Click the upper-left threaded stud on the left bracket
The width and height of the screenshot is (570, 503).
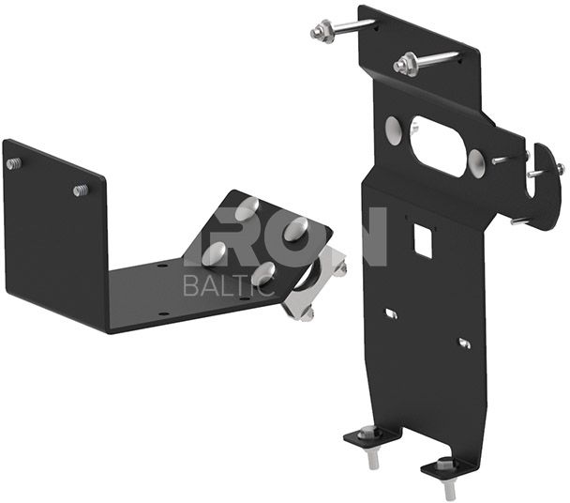tap(13, 163)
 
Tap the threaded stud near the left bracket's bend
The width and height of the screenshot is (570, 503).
tap(81, 190)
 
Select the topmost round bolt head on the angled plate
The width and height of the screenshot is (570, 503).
tap(247, 209)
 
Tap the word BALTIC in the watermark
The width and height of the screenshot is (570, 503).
tap(229, 284)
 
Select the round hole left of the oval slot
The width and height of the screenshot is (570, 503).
tap(394, 131)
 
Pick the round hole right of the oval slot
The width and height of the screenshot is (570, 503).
tap(476, 163)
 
